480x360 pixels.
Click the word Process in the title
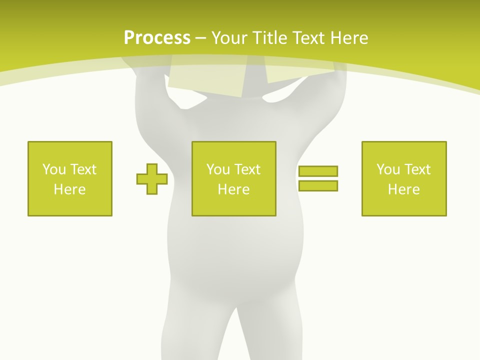pos(157,38)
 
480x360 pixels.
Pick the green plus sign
pos(152,178)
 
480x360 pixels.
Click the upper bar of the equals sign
pos(318,171)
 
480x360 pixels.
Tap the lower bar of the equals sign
pos(318,185)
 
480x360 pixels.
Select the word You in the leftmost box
pos(54,169)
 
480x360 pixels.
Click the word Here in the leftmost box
pos(69,189)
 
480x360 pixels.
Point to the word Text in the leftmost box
pos(83,169)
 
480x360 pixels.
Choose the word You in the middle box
pos(218,169)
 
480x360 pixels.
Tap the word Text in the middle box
pos(247,169)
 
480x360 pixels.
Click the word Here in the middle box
pos(233,189)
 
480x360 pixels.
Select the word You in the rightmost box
pos(388,169)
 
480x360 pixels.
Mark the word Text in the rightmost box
pos(417,169)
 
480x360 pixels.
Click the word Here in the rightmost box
pos(403,189)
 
